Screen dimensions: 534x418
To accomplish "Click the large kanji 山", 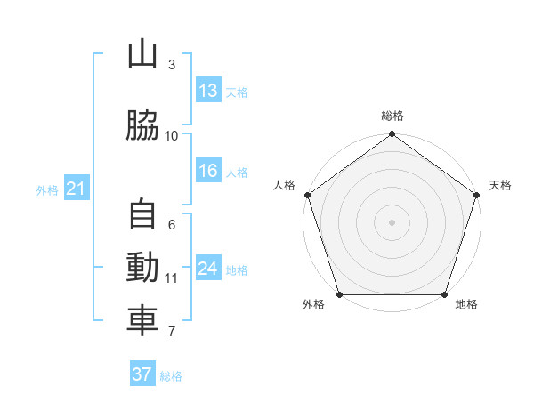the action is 142,53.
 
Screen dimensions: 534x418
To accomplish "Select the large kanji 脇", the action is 142,125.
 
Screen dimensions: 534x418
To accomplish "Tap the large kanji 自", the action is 142,213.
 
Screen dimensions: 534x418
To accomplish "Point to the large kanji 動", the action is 142,267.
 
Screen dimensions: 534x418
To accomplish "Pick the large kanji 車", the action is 142,320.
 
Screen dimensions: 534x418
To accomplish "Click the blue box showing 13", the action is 208,90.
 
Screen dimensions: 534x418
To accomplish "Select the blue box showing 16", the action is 208,170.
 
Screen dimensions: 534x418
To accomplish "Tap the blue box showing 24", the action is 208,267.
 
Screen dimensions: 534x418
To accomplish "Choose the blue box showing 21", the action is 77,188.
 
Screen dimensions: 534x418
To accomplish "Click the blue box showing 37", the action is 142,373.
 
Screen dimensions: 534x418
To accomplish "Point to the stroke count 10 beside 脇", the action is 171,136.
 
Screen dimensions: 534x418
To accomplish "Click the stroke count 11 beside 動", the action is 171,278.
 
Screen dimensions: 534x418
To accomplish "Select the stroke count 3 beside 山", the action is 172,64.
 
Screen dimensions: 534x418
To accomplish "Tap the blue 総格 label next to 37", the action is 171,376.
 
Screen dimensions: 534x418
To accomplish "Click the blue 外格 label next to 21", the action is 47,190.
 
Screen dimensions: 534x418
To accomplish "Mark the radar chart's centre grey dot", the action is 392,222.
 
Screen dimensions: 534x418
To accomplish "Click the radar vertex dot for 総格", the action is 392,133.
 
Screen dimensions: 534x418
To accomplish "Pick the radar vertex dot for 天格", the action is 477,195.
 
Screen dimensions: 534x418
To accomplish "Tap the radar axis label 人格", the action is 284,185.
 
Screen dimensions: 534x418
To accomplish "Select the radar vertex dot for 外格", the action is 340,294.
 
